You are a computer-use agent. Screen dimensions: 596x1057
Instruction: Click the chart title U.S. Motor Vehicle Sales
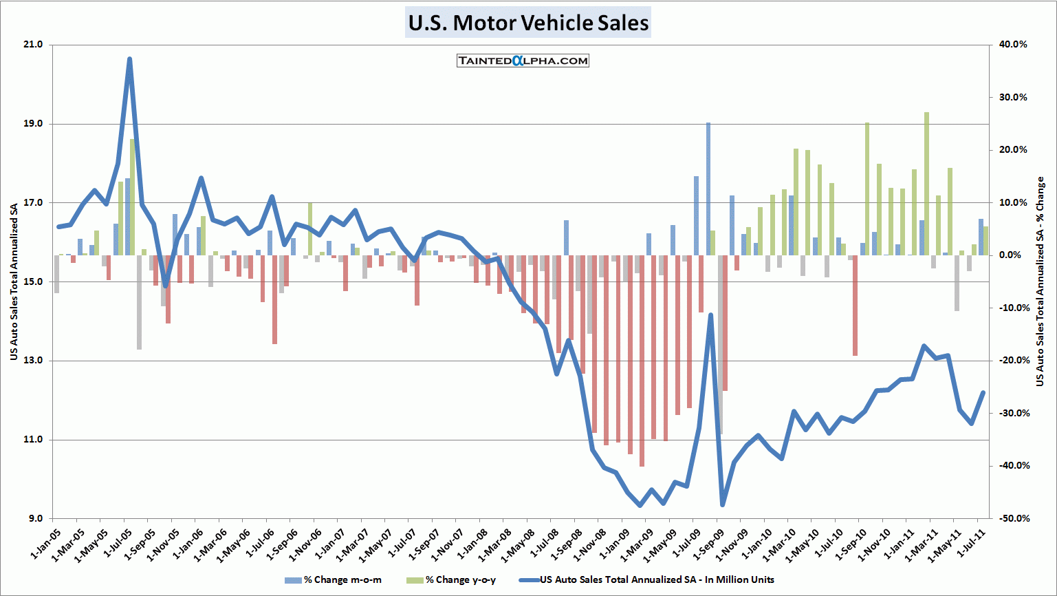pos(528,23)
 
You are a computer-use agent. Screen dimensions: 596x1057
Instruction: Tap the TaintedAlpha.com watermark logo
pos(523,61)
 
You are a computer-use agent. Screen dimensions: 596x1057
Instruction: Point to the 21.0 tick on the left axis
pos(33,45)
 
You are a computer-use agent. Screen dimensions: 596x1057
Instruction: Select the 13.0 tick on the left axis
pos(33,361)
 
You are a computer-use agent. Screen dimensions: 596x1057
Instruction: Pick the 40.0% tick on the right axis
pos(1013,45)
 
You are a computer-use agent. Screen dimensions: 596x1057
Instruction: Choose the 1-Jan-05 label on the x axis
pos(47,544)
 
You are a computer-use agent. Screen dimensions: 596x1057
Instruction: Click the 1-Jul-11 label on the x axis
pos(972,544)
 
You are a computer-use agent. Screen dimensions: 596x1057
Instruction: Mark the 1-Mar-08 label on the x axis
pos(497,544)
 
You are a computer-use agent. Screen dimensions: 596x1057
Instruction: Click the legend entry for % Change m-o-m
pos(334,580)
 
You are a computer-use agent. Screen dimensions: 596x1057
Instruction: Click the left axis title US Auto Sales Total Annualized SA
pos(14,281)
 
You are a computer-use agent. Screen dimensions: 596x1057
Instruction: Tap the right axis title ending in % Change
pos(1040,281)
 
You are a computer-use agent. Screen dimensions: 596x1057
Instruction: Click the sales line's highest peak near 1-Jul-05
pos(129,59)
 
